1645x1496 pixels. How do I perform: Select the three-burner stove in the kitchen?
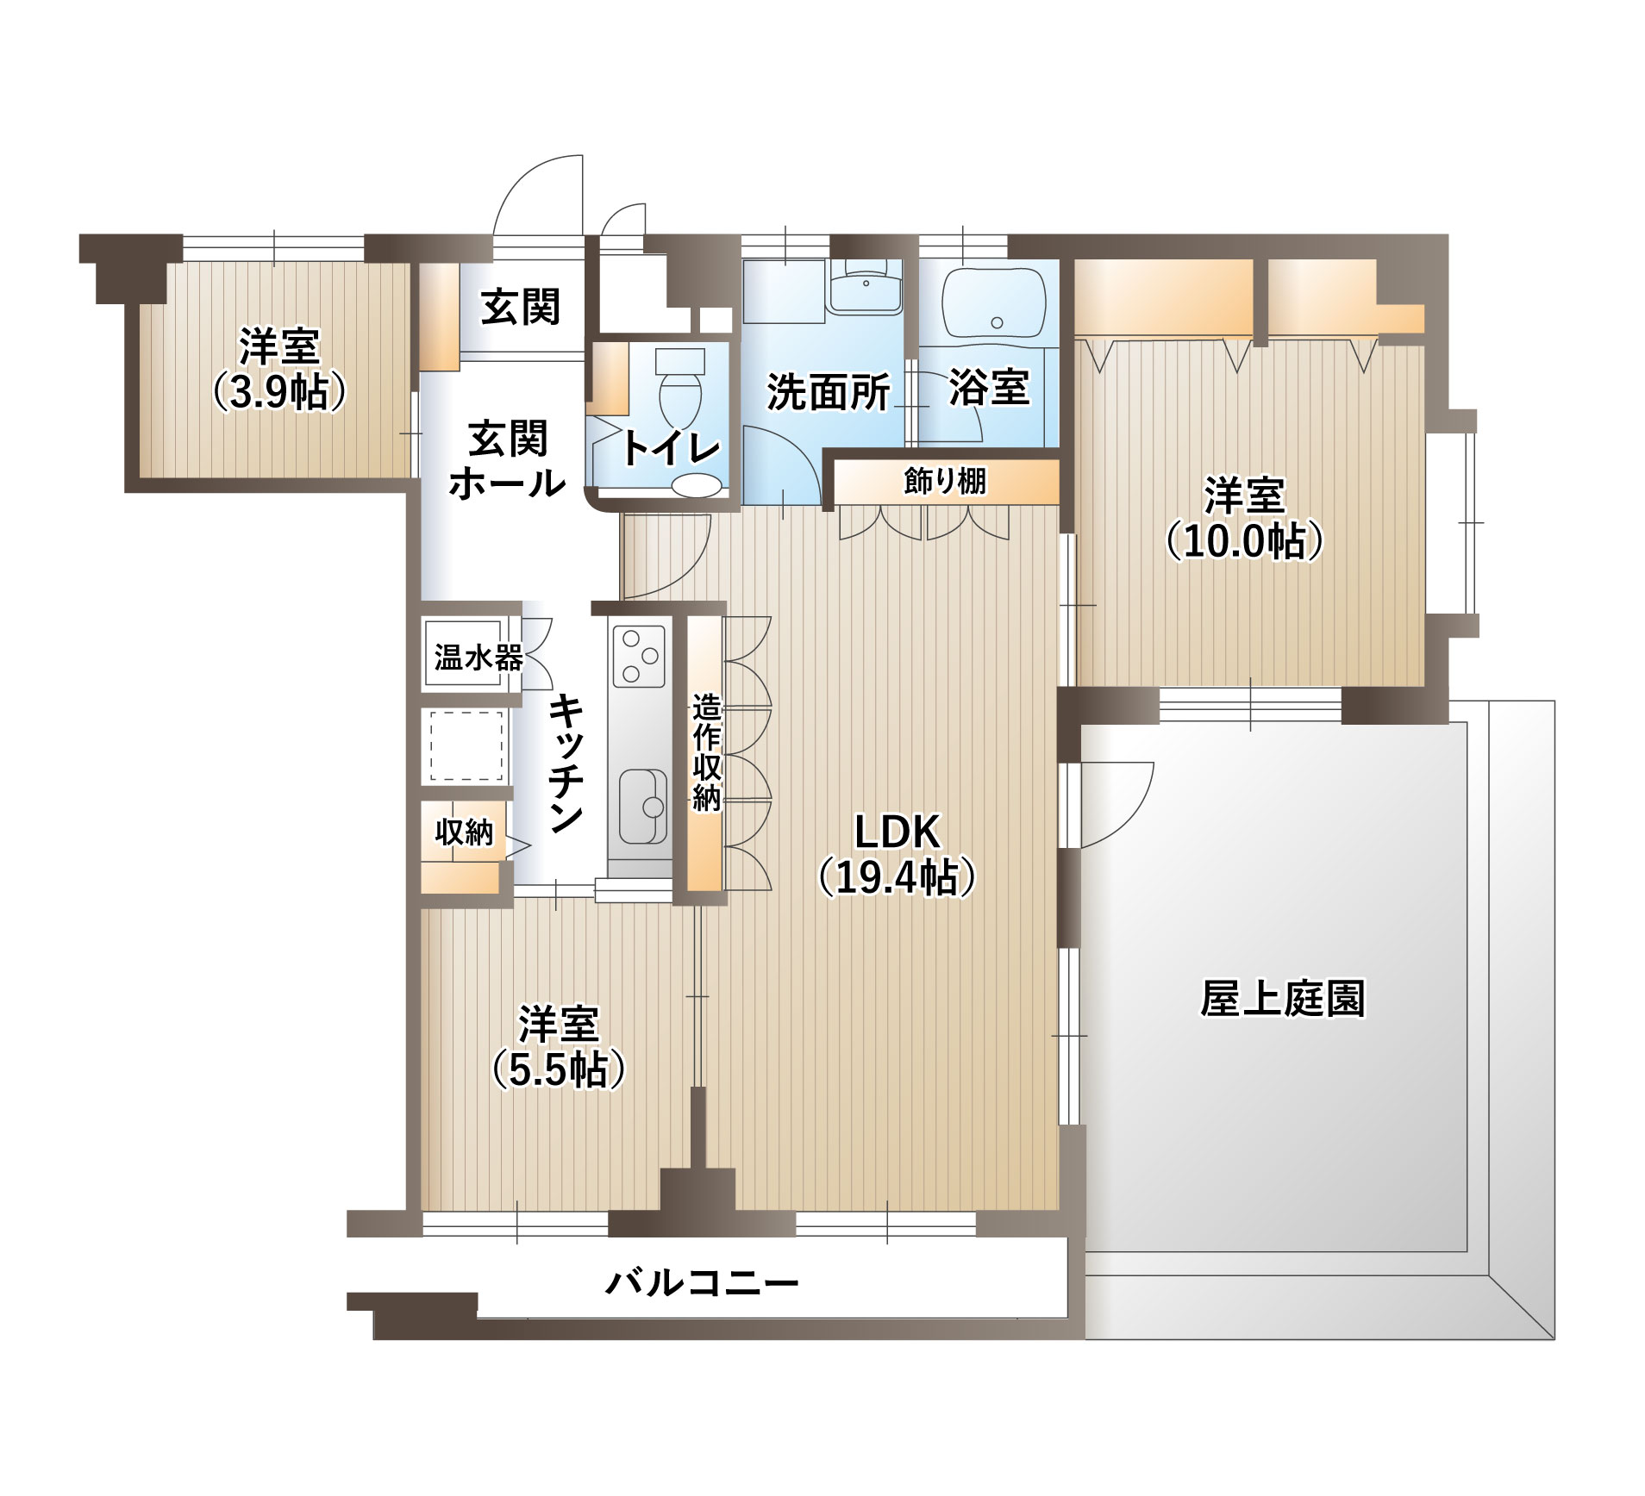click(x=639, y=656)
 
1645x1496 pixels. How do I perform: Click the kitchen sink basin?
click(x=642, y=807)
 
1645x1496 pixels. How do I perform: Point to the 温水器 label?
click(x=478, y=658)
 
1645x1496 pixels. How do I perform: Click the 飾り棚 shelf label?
click(x=945, y=481)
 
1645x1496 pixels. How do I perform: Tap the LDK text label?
click(x=897, y=832)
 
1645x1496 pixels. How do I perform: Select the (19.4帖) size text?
click(x=897, y=877)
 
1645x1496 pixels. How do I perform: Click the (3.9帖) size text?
click(x=279, y=392)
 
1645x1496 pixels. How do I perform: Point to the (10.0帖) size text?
click(x=1244, y=541)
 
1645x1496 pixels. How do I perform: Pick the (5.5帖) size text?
click(x=558, y=1070)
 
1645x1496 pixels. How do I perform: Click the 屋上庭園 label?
click(x=1283, y=1000)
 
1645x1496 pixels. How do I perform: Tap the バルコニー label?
click(x=702, y=1284)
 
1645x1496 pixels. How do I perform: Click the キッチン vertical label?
click(x=566, y=764)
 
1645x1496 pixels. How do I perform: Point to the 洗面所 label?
click(x=828, y=392)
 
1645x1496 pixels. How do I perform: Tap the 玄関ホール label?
click(x=507, y=461)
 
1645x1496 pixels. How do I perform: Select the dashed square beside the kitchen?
click(x=466, y=746)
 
